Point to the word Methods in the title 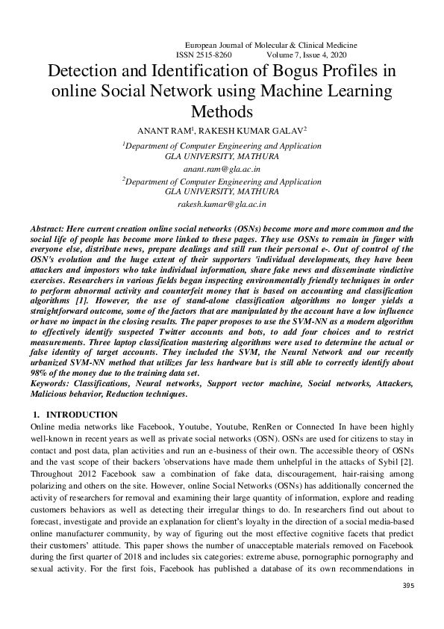[222, 112]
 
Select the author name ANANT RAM [163, 130]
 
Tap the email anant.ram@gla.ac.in [222, 170]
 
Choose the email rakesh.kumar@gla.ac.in [222, 203]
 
